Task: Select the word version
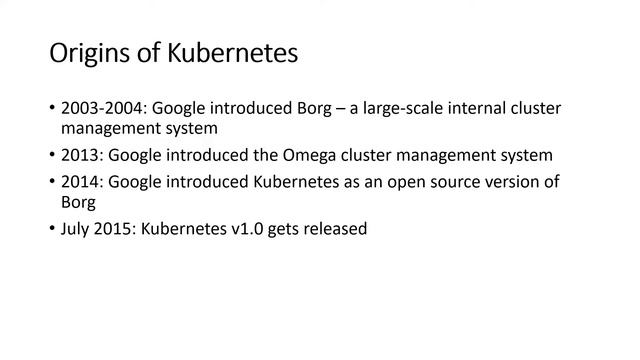click(x=526, y=182)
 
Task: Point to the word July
click(x=77, y=229)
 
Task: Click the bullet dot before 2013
click(x=51, y=156)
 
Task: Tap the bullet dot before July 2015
click(x=51, y=230)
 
